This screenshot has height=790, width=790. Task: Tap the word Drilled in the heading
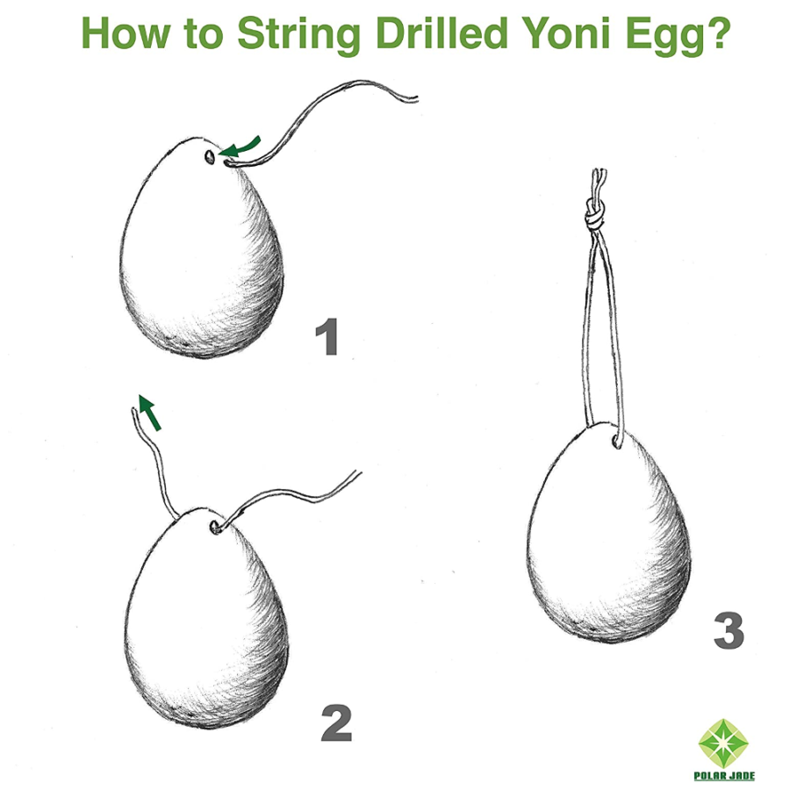coord(441,32)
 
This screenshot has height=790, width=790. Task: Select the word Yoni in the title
coord(565,32)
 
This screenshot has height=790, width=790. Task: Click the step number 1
coord(327,336)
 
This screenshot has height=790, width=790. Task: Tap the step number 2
coord(336,723)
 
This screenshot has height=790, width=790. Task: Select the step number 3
coord(729,630)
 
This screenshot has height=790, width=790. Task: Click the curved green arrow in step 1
coord(241,147)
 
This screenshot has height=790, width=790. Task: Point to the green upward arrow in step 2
coord(149,412)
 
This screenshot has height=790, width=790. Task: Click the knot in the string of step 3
coord(594,215)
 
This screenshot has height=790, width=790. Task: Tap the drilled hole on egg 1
coord(210,157)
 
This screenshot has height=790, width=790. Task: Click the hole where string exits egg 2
coord(216,528)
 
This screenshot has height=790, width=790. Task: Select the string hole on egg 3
coord(617,442)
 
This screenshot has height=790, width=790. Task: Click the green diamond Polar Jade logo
coord(723,743)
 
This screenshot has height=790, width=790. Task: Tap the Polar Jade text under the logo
coord(724,776)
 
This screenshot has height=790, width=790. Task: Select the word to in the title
coord(203,34)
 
